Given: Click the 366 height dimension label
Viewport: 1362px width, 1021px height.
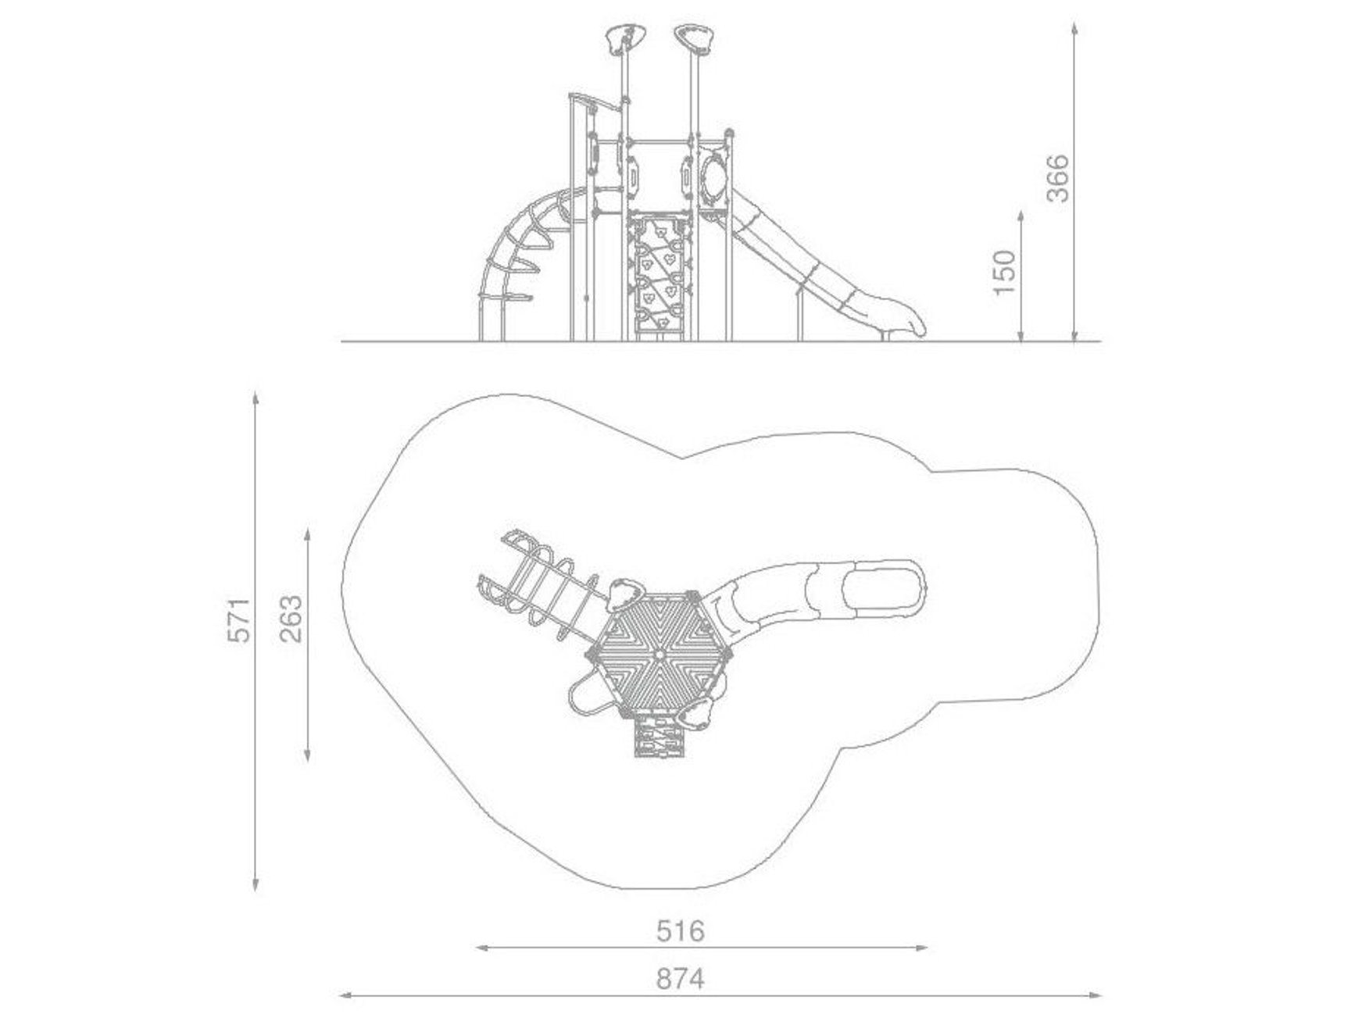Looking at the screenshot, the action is (x=1057, y=178).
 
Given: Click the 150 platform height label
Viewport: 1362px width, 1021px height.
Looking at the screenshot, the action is (x=1004, y=272).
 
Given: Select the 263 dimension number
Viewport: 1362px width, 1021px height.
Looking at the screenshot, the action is (x=291, y=619).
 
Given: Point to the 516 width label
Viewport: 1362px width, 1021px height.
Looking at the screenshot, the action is (x=680, y=930).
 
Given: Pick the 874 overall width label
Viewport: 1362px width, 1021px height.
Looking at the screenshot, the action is (x=680, y=978).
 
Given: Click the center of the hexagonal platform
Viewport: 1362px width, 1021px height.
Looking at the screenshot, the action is (x=659, y=654).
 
